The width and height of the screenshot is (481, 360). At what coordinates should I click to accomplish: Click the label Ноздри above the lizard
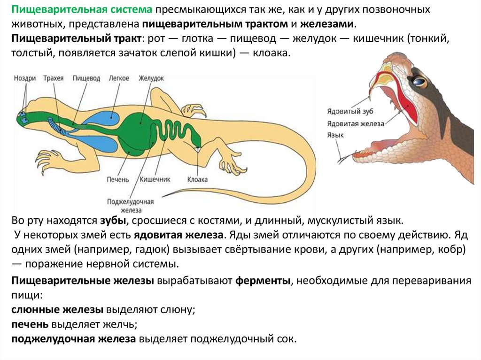point(25,78)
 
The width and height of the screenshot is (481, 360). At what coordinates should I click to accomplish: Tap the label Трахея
point(53,78)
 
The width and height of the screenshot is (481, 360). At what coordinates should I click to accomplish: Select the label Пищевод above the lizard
point(86,78)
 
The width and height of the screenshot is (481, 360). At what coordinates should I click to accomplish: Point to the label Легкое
point(118,78)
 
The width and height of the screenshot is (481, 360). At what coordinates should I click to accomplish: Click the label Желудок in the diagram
point(151,78)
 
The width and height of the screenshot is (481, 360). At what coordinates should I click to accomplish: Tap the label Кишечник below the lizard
point(155,180)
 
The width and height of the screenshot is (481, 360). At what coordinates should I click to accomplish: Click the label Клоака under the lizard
point(198,180)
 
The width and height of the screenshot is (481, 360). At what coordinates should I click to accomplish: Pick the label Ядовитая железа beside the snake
point(356,123)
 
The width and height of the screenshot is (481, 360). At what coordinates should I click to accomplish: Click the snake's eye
point(419,81)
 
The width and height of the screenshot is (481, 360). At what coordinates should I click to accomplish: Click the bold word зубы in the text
point(112,221)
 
